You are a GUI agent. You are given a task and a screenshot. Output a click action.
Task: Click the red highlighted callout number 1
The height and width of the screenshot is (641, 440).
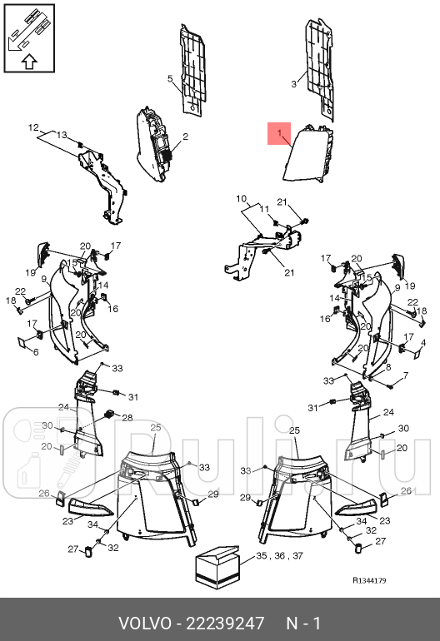[x=279, y=133]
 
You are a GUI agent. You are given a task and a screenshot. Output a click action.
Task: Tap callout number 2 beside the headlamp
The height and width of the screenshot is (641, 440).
[x=185, y=137]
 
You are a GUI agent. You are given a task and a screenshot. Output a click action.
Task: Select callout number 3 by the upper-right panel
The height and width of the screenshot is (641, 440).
[x=293, y=84]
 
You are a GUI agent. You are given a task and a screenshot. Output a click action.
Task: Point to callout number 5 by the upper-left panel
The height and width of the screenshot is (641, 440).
[x=170, y=78]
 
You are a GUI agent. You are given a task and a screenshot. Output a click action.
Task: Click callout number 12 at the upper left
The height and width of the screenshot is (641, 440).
[x=33, y=127]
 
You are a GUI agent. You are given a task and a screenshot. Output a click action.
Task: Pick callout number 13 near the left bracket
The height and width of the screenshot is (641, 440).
[x=62, y=135]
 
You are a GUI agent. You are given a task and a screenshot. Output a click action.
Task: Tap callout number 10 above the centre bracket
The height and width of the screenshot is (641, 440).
[x=242, y=199]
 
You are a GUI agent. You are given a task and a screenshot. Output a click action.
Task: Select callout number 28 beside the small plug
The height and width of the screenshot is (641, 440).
[x=127, y=417]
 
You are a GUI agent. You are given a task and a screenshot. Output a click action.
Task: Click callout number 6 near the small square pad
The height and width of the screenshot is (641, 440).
[x=36, y=351]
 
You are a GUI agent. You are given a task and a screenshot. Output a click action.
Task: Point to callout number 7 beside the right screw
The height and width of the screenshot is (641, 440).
[x=405, y=375]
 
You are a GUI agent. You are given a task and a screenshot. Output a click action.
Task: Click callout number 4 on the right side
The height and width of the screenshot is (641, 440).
[x=423, y=343]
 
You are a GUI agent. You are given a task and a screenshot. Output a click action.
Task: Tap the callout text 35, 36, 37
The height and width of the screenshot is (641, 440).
[x=279, y=555]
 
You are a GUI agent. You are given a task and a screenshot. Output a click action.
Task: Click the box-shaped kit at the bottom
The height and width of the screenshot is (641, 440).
[x=217, y=567]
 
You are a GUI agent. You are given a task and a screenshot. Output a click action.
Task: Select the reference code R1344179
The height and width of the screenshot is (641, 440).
[x=370, y=580]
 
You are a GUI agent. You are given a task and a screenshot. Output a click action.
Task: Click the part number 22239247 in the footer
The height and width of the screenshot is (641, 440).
[x=225, y=624]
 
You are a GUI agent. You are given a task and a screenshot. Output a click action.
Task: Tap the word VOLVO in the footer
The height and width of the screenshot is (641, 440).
[x=145, y=624]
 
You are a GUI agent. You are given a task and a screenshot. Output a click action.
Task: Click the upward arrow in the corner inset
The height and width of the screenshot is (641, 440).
[x=29, y=62]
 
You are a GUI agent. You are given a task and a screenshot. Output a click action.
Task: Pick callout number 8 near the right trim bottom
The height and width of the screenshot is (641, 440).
[x=388, y=366]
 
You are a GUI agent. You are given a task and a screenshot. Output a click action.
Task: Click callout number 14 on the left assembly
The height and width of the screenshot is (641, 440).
[x=103, y=285]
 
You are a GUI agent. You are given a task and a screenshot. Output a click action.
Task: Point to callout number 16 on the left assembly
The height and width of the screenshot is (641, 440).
[x=113, y=309]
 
